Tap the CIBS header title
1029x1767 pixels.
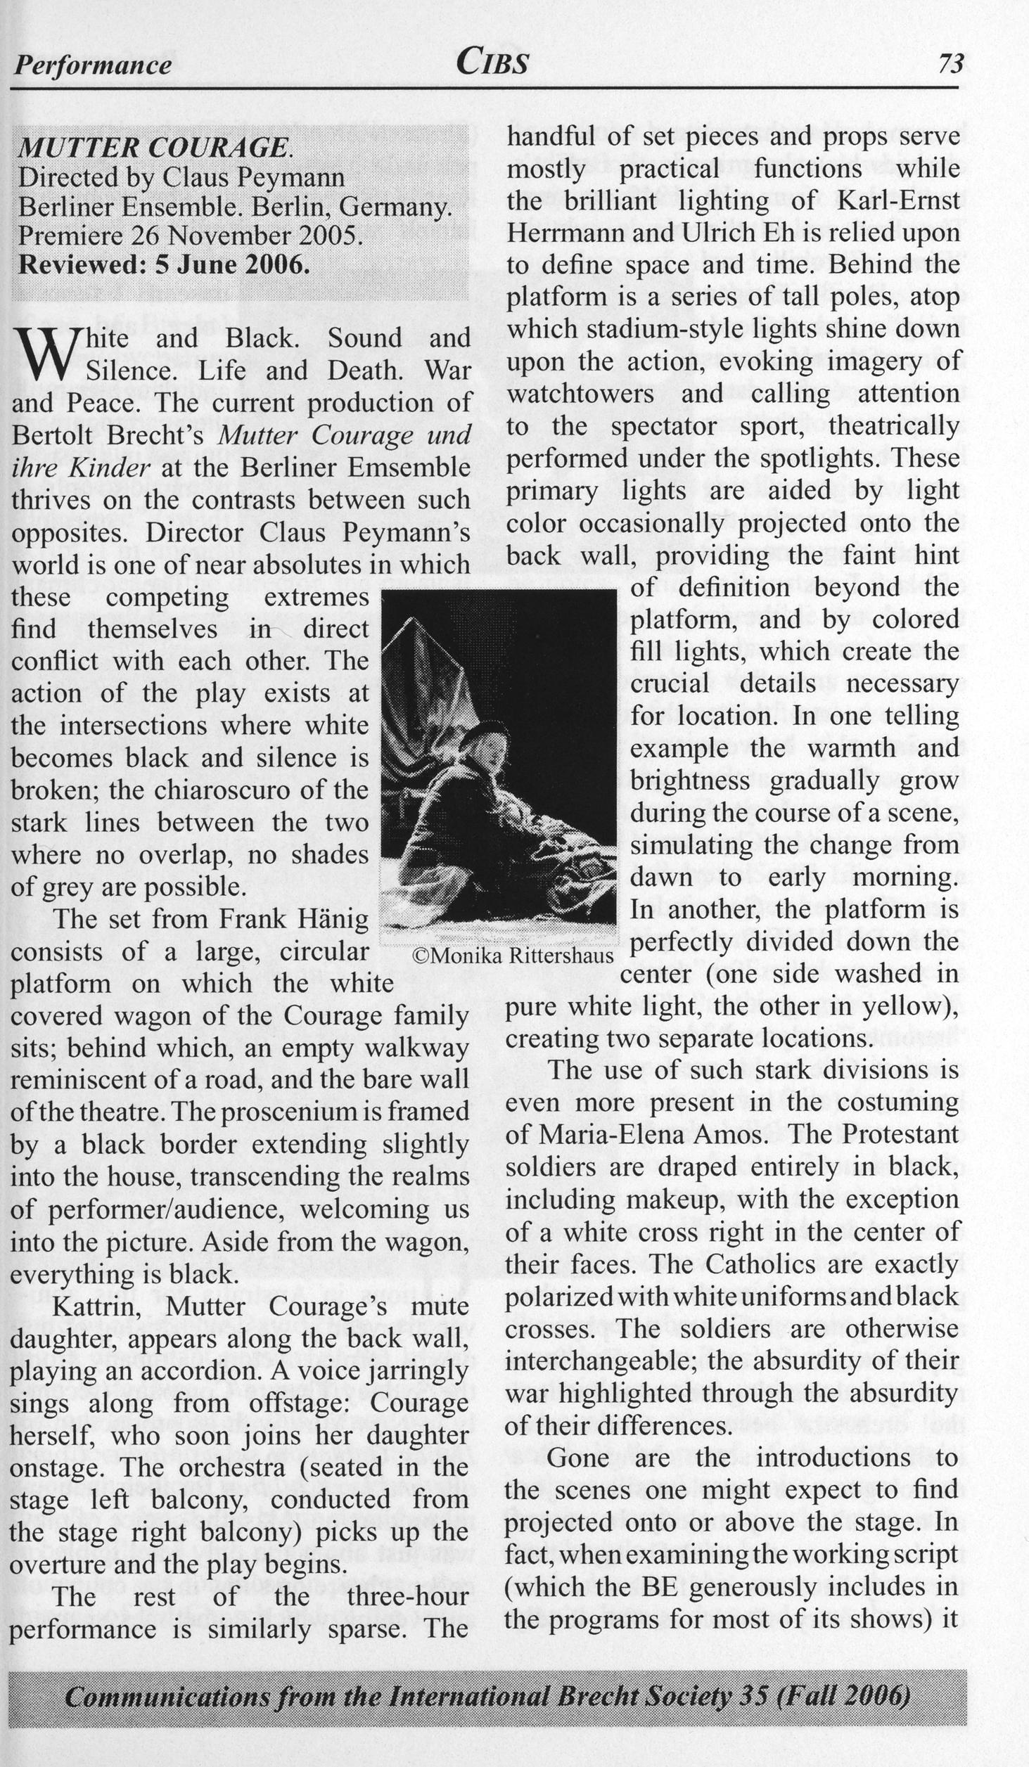click(492, 63)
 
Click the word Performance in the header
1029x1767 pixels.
click(93, 65)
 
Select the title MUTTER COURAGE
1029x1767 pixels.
click(153, 147)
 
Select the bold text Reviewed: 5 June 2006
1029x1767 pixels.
click(164, 265)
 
